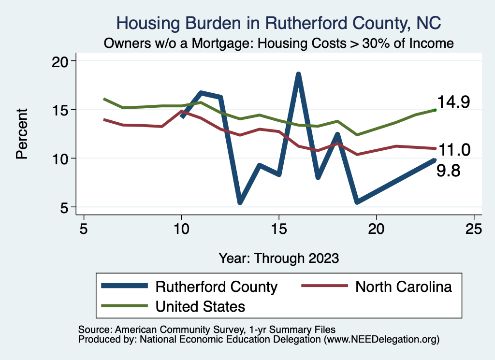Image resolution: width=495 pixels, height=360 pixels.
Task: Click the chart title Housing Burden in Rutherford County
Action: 279,23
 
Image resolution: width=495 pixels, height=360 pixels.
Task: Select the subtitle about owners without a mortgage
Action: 279,43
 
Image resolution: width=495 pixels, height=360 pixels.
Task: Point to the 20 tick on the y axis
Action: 64,61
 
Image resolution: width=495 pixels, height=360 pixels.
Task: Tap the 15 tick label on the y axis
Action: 64,110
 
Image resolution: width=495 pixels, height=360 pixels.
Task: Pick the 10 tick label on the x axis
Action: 181,229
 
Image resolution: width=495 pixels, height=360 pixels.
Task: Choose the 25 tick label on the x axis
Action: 474,229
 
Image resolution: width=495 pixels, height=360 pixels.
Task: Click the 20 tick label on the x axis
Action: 376,229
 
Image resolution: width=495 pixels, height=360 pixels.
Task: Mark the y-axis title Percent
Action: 22,134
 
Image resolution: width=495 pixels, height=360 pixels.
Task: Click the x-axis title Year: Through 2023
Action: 279,258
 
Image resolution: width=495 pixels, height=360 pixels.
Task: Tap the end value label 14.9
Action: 453,102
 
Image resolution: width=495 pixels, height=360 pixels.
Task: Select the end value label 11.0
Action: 453,150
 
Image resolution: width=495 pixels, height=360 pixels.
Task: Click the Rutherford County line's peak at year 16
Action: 298,74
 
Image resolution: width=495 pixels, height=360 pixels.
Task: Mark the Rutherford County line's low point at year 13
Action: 240,202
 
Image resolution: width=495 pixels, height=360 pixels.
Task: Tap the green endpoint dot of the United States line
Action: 435,110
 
